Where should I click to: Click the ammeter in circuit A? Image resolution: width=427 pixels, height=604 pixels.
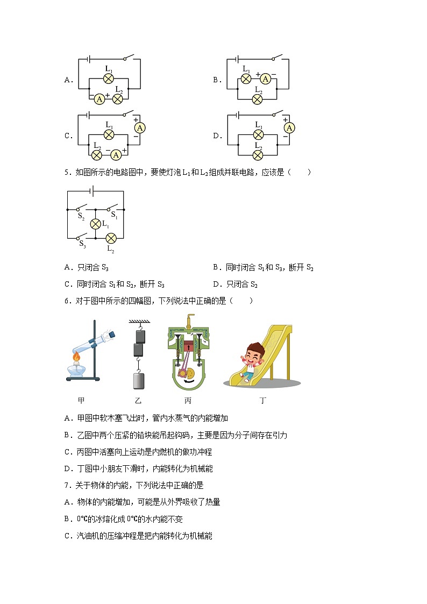(x=99, y=99)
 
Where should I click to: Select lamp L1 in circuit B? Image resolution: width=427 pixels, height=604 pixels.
(x=246, y=79)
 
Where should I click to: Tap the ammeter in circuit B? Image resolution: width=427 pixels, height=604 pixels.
(x=265, y=79)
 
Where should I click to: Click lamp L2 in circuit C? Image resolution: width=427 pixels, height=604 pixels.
(x=97, y=155)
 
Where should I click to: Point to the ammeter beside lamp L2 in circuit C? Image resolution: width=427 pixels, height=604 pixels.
(x=116, y=155)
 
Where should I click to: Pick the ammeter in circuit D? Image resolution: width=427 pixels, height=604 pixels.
(x=289, y=127)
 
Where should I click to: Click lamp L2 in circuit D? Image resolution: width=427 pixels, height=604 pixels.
(x=258, y=155)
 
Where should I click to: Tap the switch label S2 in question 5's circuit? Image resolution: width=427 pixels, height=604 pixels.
(x=81, y=216)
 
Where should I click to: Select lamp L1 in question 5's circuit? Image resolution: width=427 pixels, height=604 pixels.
(x=96, y=224)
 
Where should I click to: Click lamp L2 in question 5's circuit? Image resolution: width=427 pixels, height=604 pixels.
(x=111, y=238)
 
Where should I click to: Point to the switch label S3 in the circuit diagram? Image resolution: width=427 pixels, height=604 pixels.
(x=82, y=244)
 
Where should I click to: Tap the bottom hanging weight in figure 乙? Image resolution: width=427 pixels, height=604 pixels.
(x=139, y=380)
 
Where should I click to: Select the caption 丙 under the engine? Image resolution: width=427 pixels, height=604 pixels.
(x=188, y=401)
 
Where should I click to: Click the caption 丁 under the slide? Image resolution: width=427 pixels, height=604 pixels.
(x=263, y=401)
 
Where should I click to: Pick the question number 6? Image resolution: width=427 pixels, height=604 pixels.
(x=66, y=301)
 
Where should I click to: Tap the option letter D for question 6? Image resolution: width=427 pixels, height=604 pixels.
(x=66, y=468)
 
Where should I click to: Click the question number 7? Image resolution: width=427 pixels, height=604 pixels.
(x=66, y=485)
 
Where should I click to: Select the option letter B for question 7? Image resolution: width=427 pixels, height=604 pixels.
(x=66, y=519)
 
